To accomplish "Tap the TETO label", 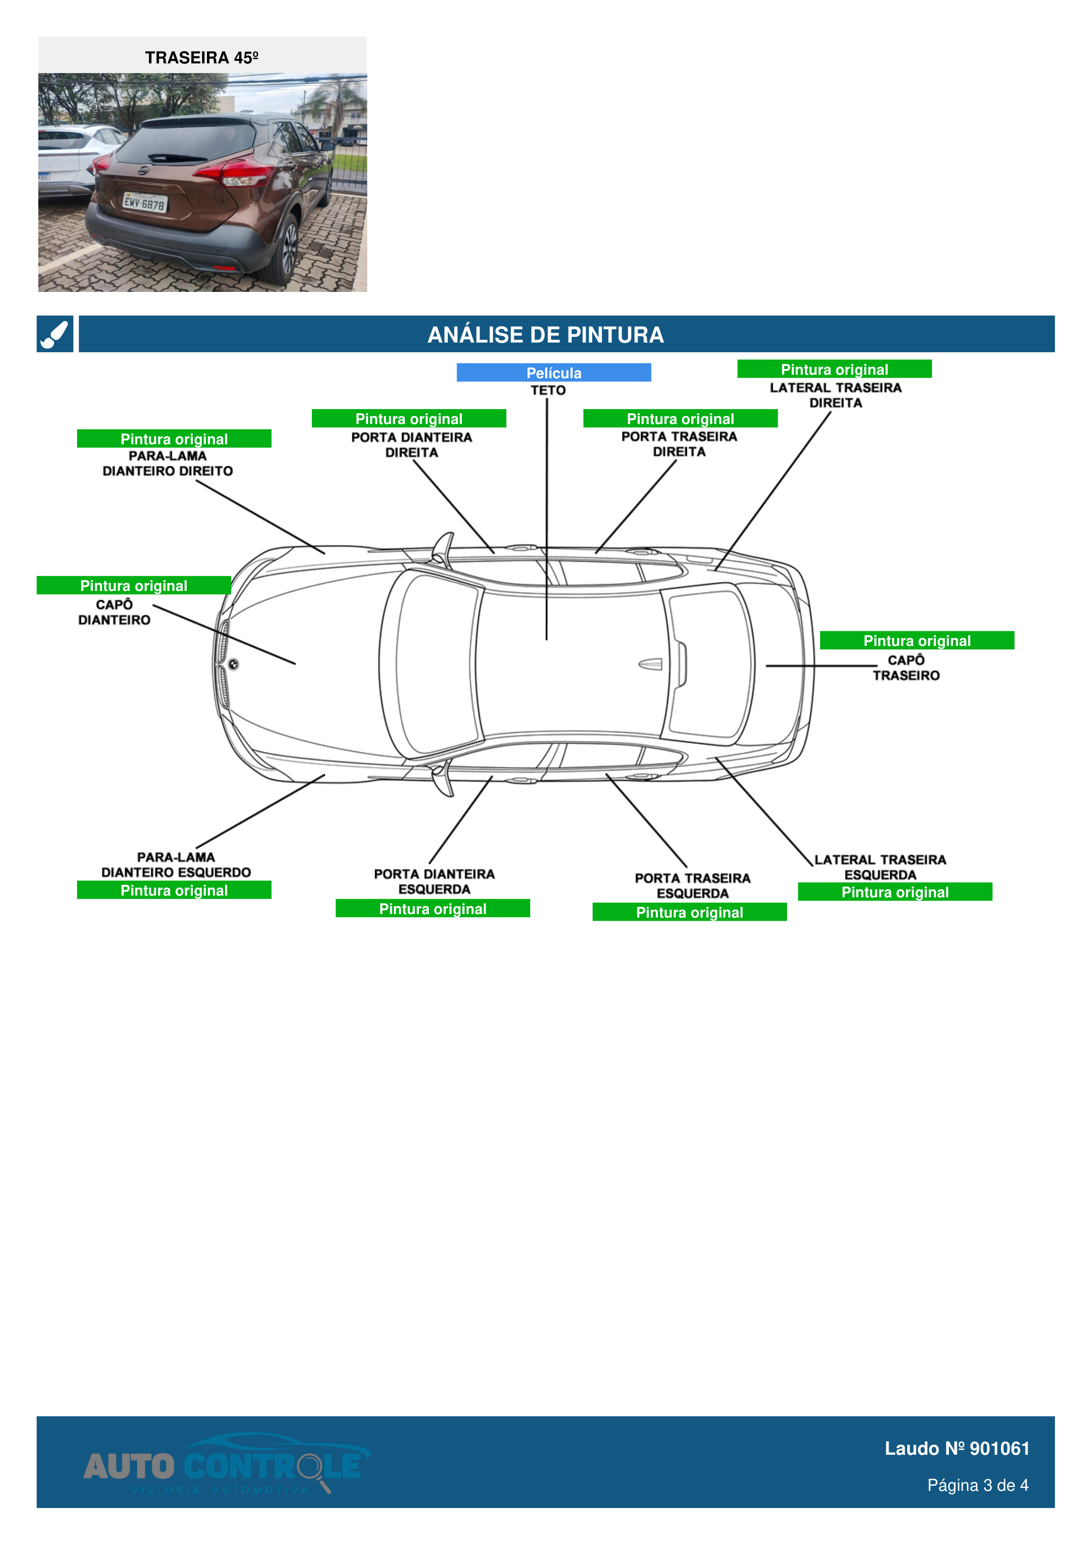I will click(548, 390).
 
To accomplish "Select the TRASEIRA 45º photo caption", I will click(202, 58).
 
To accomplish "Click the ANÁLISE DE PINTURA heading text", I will click(545, 335).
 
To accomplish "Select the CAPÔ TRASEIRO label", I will click(906, 667).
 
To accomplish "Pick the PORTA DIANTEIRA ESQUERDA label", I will click(434, 881).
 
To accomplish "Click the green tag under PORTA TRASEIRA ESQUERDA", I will click(689, 912).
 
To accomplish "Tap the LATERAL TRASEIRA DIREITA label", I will click(836, 395).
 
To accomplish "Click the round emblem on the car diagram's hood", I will click(233, 664).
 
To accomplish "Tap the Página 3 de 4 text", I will click(977, 1485).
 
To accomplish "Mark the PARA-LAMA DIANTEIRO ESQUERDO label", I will click(176, 865).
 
